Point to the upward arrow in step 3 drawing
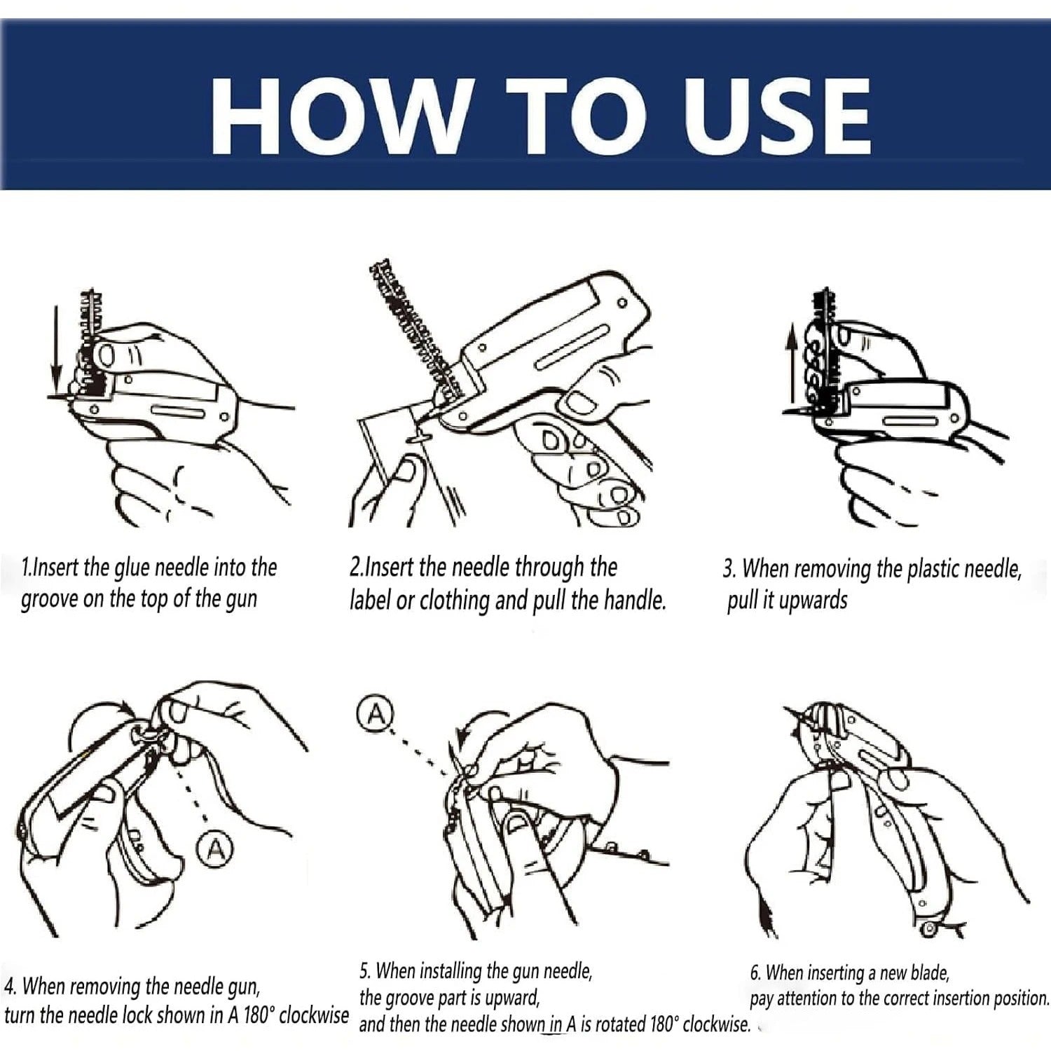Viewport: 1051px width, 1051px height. click(x=792, y=364)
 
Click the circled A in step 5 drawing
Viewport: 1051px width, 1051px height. click(x=376, y=714)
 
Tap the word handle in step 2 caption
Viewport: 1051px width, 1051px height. click(x=635, y=600)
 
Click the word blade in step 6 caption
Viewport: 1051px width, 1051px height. click(x=929, y=973)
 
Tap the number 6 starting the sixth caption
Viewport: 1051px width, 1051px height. click(x=755, y=973)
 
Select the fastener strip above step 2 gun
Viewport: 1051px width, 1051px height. click(x=413, y=322)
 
